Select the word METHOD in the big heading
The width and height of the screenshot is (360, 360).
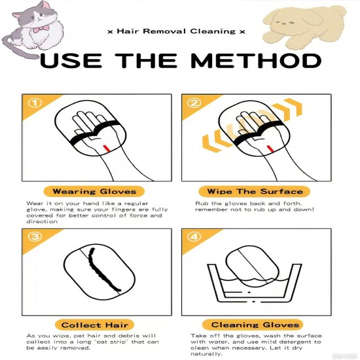click(x=255, y=60)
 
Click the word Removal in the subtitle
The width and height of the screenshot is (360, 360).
click(x=164, y=31)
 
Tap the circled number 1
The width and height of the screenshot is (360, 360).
click(x=35, y=103)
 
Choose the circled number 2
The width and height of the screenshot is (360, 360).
click(x=194, y=103)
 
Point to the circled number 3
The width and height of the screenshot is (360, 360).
click(x=35, y=236)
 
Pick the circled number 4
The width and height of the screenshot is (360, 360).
click(x=194, y=236)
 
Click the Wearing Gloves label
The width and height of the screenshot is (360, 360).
click(x=94, y=192)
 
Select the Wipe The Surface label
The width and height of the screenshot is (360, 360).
click(x=255, y=192)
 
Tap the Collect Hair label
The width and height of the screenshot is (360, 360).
click(x=95, y=325)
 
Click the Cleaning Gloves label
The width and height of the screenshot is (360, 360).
click(x=253, y=325)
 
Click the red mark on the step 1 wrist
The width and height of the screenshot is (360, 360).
click(x=106, y=148)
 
